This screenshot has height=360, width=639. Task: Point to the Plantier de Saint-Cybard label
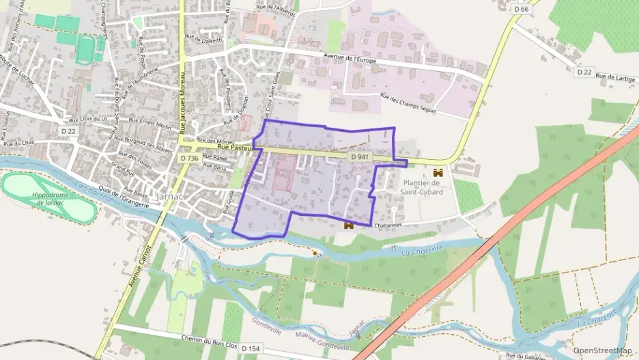click(x=423, y=187)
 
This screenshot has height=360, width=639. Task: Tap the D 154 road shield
click(x=250, y=348)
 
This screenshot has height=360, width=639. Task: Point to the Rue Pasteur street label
click(x=235, y=147)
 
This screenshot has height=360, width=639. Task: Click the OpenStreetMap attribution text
click(x=603, y=350)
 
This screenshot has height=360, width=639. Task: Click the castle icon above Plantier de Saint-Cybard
click(x=438, y=174)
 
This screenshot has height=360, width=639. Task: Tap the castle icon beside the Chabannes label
click(x=348, y=223)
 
